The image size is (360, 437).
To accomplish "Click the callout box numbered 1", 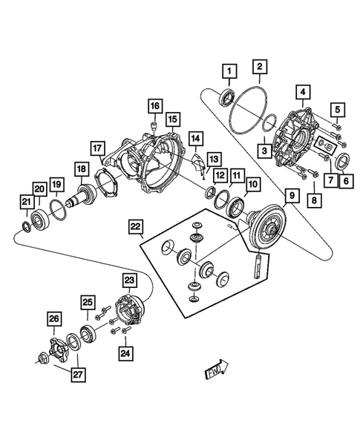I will point(230,71).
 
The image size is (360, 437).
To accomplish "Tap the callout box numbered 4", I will point(304,93).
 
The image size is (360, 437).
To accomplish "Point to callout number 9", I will point(292,197).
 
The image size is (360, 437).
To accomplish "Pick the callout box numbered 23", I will point(129,280).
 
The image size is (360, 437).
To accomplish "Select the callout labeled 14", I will point(195,139).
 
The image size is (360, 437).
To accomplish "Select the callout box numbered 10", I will point(254,183).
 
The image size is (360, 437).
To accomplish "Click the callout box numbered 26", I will point(54,320).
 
